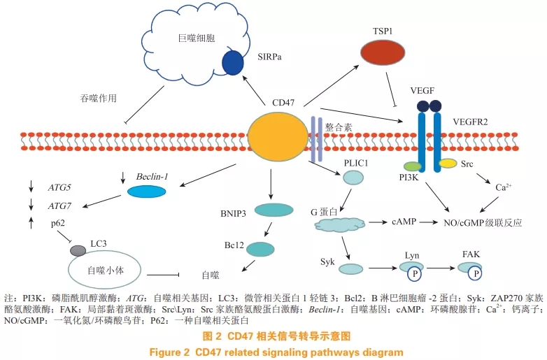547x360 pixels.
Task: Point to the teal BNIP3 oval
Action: pos(273,210)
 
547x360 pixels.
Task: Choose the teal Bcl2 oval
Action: pos(260,249)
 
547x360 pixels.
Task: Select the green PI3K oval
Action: pos(412,167)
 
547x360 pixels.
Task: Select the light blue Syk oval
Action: pos(350,267)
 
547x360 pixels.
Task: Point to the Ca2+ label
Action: pos(501,186)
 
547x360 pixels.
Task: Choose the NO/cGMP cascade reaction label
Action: pos(486,222)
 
